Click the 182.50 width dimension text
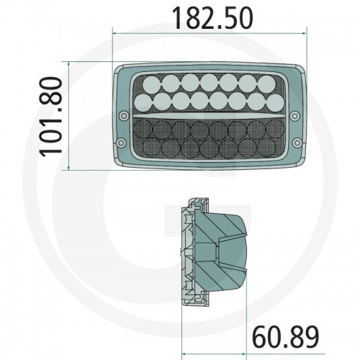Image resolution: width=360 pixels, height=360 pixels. [212, 18]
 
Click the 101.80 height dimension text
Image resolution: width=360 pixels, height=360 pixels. [51, 117]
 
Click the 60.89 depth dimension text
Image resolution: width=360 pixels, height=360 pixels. [286, 337]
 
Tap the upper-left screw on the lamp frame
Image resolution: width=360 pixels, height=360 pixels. [124, 116]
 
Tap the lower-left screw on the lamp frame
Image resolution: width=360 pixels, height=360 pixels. [121, 143]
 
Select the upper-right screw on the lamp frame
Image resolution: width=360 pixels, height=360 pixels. [294, 117]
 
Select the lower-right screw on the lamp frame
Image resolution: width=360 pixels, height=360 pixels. [297, 143]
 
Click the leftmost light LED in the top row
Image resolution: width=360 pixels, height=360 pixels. [152, 84]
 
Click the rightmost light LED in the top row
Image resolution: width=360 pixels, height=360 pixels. [267, 84]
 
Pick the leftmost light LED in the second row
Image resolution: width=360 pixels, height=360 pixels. [143, 103]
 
